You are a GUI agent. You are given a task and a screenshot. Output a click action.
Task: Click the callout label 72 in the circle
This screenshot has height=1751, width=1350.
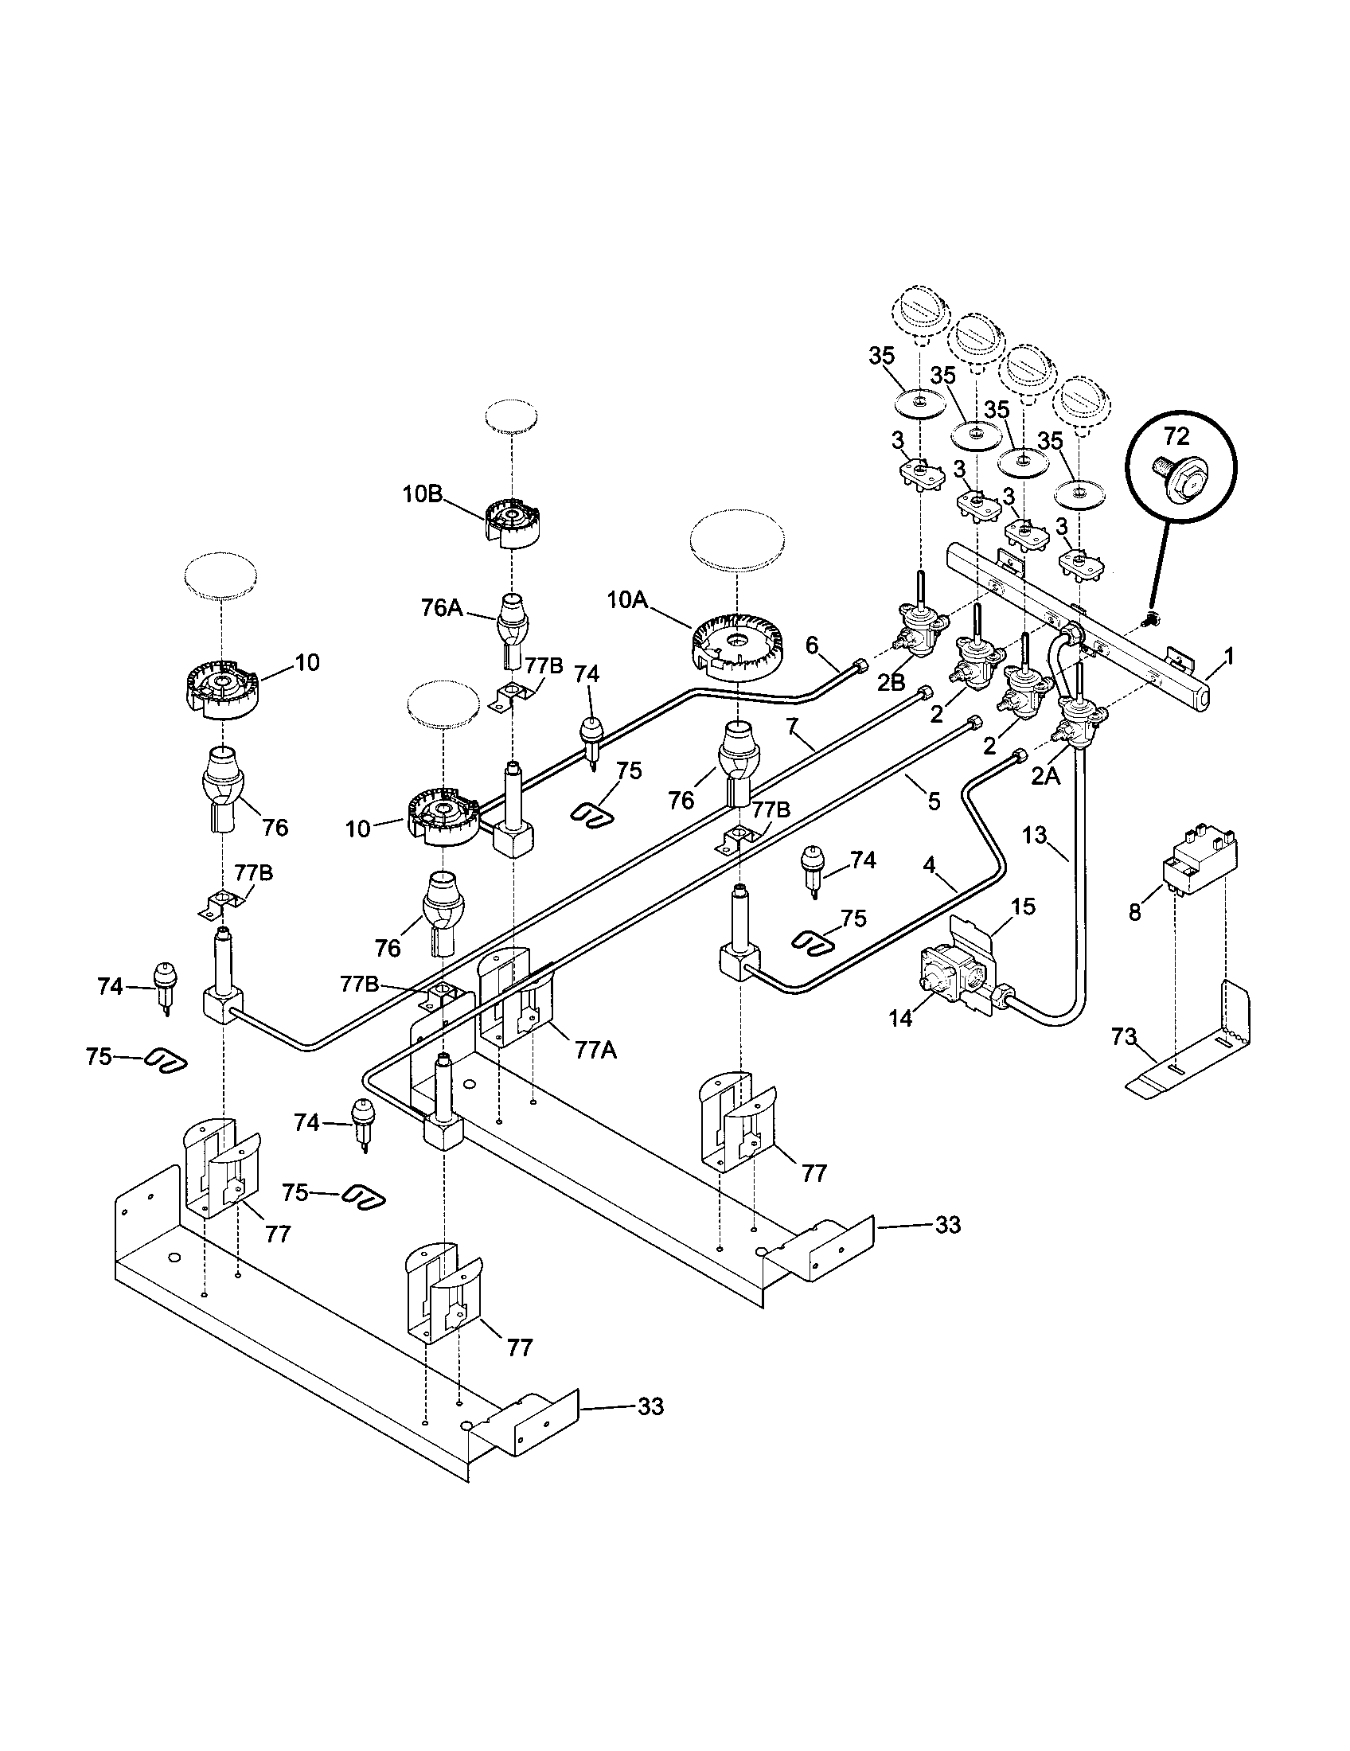point(1176,437)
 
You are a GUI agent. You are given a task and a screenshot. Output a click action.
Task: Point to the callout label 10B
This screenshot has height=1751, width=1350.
point(423,494)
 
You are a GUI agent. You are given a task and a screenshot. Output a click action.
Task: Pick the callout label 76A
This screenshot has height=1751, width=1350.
point(442,608)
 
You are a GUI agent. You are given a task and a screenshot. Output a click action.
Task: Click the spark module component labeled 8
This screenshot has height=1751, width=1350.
point(1196,858)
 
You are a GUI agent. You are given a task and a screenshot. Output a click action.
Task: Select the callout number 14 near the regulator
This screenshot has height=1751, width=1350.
point(900,1018)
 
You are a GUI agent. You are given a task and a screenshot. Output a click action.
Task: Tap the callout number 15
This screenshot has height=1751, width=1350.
point(1024,907)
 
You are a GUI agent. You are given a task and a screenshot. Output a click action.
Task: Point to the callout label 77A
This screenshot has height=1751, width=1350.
point(595,1050)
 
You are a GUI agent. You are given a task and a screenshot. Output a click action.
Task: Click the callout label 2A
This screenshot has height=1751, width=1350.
point(1045,774)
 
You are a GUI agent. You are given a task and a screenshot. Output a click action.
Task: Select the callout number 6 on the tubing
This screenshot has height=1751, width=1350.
point(812,644)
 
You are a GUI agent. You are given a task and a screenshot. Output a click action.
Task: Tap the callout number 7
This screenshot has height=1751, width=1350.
point(793,727)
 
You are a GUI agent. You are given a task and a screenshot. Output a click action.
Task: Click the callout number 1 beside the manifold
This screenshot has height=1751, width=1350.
point(1229,657)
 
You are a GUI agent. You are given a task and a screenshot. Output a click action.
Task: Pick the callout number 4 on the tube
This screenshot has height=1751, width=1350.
point(929,865)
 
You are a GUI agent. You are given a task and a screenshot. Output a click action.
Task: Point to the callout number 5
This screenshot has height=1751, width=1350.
point(933,800)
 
